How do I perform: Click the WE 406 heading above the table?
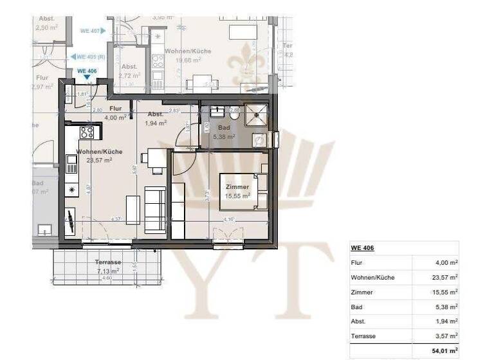pos(363,248)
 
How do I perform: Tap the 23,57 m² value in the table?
pos(444,277)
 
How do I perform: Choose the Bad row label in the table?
pos(356,307)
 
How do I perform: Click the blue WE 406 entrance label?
pos(87,71)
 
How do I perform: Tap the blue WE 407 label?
pos(89,30)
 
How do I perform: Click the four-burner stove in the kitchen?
pos(86,132)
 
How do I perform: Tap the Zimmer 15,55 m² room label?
pos(237,190)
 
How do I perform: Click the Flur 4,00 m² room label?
pos(115,113)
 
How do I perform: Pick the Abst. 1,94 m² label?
pos(156,118)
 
